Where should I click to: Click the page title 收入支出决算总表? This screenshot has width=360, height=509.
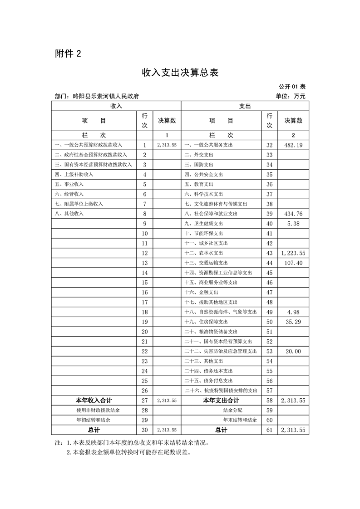click(x=180, y=72)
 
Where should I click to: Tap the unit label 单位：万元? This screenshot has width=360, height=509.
click(x=291, y=96)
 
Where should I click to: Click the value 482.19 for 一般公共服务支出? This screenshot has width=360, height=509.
click(x=293, y=145)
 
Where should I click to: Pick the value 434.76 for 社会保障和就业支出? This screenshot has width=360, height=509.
click(x=293, y=214)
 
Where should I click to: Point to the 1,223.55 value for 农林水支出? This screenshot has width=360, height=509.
click(x=293, y=253)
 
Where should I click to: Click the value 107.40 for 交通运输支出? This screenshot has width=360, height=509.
click(x=293, y=263)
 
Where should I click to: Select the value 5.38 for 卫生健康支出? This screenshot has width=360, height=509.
click(x=293, y=224)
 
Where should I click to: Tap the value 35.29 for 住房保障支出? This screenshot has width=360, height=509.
click(x=293, y=322)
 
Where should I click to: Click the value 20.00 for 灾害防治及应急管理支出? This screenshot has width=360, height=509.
click(x=293, y=351)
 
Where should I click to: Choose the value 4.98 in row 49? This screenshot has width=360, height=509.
click(x=293, y=312)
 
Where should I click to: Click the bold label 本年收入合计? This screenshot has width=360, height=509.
click(x=94, y=401)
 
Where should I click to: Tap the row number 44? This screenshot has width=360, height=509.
click(x=270, y=263)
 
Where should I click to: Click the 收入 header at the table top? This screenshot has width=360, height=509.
click(x=116, y=106)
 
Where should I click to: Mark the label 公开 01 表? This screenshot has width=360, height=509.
click(x=293, y=86)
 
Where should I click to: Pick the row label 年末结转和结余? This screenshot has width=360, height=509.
click(x=240, y=420)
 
